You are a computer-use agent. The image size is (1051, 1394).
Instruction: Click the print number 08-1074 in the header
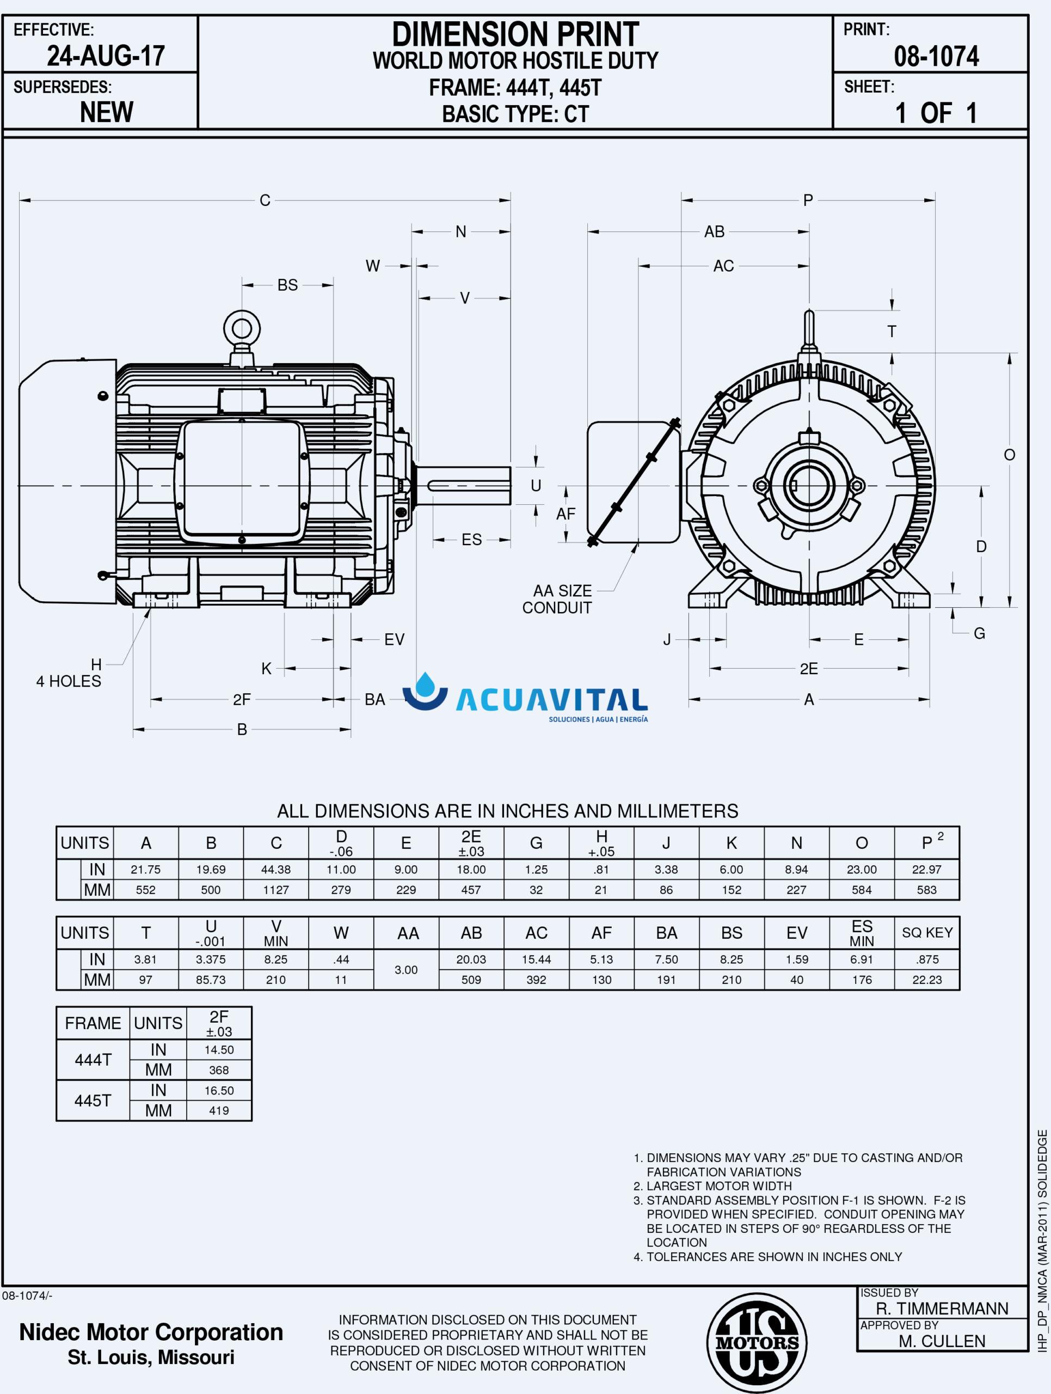click(x=936, y=57)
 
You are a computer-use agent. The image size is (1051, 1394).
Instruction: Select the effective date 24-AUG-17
click(x=106, y=57)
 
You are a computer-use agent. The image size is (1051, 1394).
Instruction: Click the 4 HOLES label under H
click(x=69, y=681)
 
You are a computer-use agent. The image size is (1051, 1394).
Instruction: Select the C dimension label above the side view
click(x=265, y=200)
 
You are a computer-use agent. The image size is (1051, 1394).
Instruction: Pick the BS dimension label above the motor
click(x=287, y=285)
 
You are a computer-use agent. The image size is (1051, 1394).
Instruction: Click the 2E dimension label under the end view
click(x=809, y=669)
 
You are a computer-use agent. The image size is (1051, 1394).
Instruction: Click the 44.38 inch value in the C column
click(x=276, y=870)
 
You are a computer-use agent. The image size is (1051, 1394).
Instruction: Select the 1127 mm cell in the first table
click(x=276, y=890)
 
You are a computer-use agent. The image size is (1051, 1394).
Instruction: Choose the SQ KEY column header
click(x=926, y=933)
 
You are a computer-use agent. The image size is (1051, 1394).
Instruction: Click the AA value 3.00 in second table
click(x=406, y=970)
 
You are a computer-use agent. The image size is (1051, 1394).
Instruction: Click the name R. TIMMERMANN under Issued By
click(x=942, y=1309)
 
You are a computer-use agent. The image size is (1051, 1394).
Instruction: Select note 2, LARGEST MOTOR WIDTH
click(x=719, y=1186)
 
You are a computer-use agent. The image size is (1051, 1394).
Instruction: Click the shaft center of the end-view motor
click(x=809, y=486)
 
